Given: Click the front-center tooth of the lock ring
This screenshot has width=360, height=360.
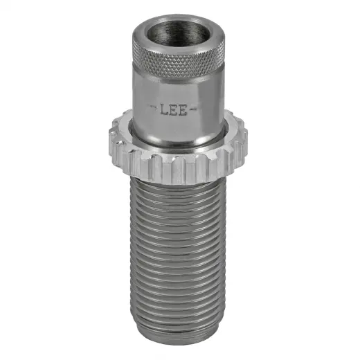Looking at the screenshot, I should click(x=176, y=166).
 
